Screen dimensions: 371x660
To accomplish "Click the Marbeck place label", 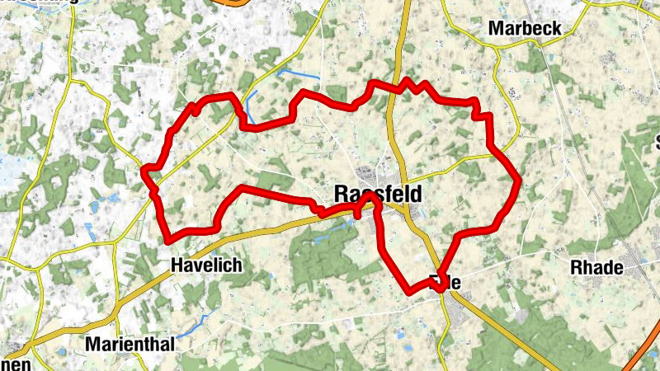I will (x=525, y=28).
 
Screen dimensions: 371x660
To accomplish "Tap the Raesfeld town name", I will (x=379, y=195).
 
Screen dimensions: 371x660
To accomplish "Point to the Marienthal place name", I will (x=130, y=345).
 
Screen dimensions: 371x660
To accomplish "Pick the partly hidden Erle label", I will (x=449, y=282).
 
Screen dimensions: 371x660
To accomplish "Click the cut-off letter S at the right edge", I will (x=656, y=139).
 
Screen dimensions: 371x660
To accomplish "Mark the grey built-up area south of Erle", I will (x=459, y=310).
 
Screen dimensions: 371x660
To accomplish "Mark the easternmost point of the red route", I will (x=520, y=179).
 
